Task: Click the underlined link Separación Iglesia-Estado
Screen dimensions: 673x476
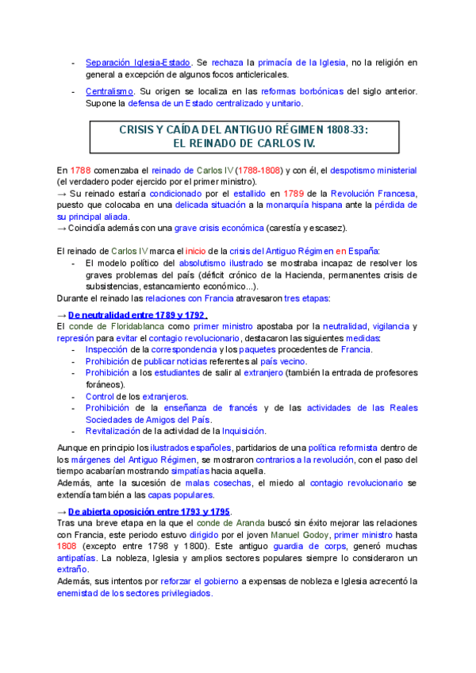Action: click(137, 62)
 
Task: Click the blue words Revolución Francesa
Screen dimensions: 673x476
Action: click(372, 194)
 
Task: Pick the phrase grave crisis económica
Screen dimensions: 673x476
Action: click(220, 229)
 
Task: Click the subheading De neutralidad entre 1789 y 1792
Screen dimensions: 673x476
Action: click(137, 316)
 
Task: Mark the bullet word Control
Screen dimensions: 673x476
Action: click(100, 396)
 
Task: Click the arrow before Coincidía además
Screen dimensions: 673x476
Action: click(62, 229)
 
